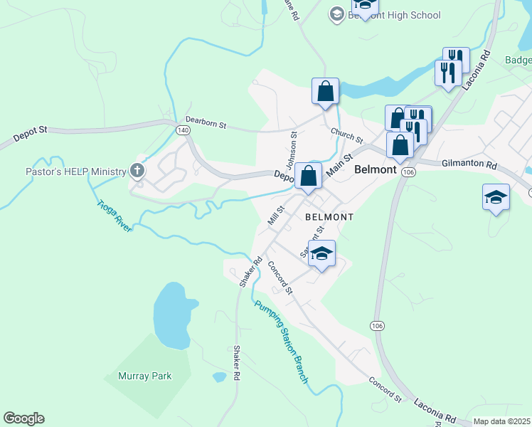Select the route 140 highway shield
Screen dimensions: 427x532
(x=183, y=130)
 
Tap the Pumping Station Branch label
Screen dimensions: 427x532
(x=282, y=342)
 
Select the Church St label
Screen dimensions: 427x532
(x=346, y=135)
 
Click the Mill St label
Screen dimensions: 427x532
(x=276, y=215)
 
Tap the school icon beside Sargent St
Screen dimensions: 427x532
(x=321, y=254)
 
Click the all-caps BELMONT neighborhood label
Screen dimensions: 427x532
(x=329, y=216)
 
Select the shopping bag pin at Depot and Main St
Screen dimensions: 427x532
(x=309, y=176)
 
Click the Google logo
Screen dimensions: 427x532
(x=23, y=418)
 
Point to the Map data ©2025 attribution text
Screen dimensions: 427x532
(x=501, y=421)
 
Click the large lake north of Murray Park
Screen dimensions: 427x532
(x=172, y=315)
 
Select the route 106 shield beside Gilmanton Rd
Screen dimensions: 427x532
(x=408, y=172)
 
